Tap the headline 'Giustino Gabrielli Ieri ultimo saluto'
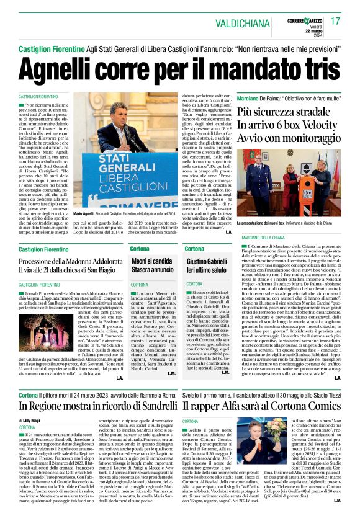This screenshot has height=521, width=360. point(207,265)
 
